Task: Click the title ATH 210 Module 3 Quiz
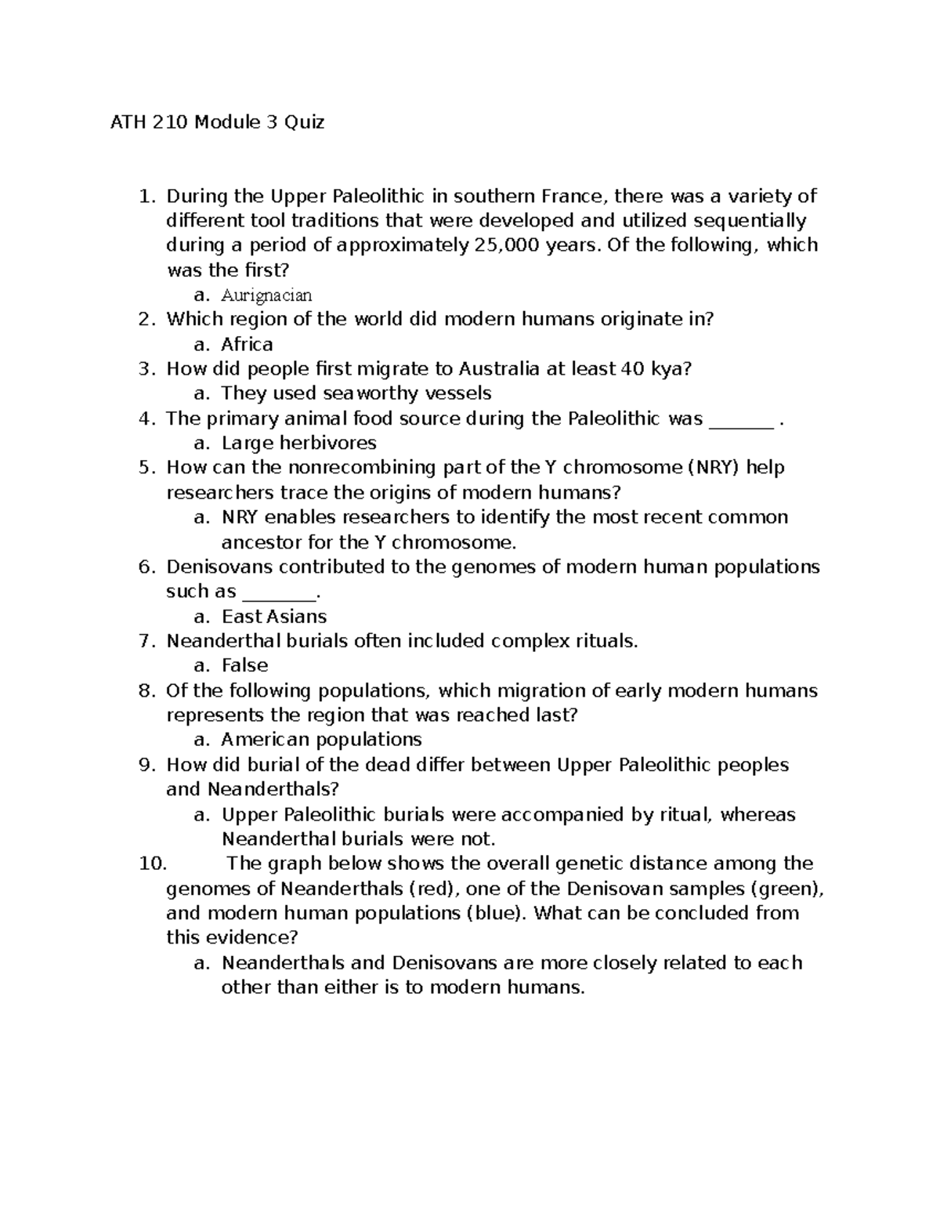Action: point(216,122)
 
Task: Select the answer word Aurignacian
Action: point(266,295)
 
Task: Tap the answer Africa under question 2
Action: point(247,344)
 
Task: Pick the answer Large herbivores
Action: point(299,443)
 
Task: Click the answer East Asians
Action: point(274,616)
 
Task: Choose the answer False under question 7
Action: point(244,665)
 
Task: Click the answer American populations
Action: point(321,740)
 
